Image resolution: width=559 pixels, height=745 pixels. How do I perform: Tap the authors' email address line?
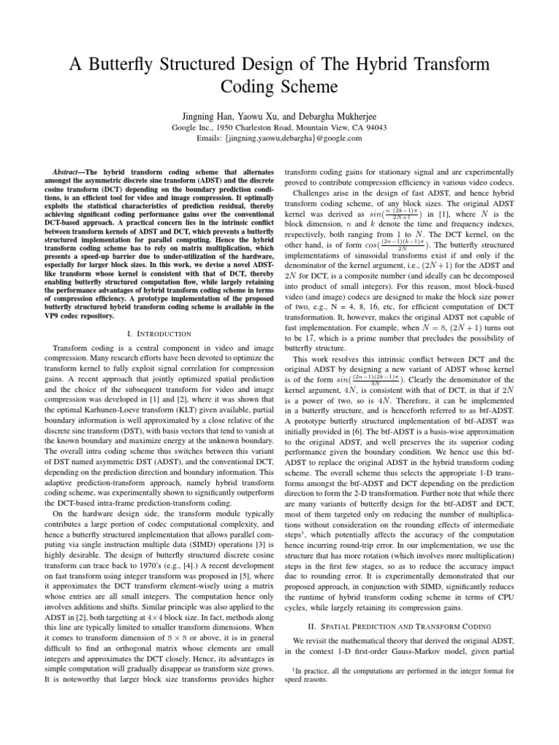(x=279, y=140)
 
